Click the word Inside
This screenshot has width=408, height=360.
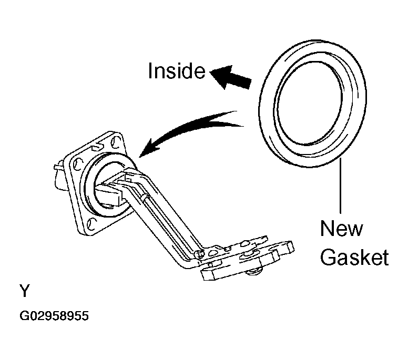[177, 71]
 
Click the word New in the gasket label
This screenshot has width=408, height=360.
[341, 228]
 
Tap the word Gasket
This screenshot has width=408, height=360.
[354, 257]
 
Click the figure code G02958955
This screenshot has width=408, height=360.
[54, 316]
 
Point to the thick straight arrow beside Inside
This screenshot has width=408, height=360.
[230, 77]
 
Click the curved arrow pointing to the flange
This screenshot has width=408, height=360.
[187, 130]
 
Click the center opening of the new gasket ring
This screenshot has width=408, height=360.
[310, 103]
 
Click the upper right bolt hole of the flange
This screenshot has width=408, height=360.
[115, 141]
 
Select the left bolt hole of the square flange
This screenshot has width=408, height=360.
[77, 164]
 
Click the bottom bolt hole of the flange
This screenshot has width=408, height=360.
[91, 224]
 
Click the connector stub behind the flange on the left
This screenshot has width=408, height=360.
[59, 176]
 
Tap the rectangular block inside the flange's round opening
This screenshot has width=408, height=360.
[109, 195]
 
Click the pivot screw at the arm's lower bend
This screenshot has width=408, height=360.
[200, 254]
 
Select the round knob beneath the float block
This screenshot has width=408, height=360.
[254, 272]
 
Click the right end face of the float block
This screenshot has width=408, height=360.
[290, 246]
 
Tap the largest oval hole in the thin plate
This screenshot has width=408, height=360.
[246, 244]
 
